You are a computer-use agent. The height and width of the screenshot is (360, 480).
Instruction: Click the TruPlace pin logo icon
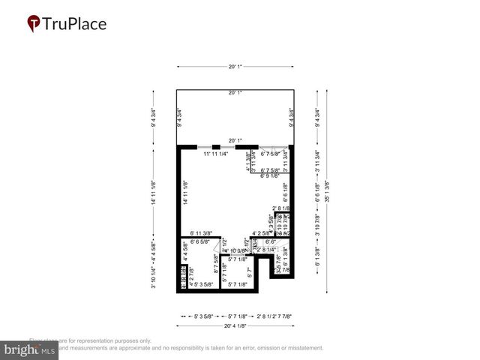pyautogui.click(x=34, y=24)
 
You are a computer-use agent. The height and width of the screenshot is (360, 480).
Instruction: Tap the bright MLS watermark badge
pyautogui.click(x=30, y=349)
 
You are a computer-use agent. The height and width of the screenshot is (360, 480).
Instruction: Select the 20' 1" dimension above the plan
pyautogui.click(x=235, y=67)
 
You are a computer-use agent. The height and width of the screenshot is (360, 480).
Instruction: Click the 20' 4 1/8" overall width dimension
pyautogui.click(x=235, y=326)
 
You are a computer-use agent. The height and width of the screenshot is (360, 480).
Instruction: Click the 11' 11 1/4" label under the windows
pyautogui.click(x=216, y=154)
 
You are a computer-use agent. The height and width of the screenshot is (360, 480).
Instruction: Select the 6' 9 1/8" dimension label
pyautogui.click(x=274, y=176)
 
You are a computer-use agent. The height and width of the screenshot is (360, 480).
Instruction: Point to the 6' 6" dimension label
pyautogui.click(x=272, y=241)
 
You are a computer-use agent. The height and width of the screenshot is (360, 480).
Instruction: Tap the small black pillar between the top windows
pyautogui.click(x=216, y=146)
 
